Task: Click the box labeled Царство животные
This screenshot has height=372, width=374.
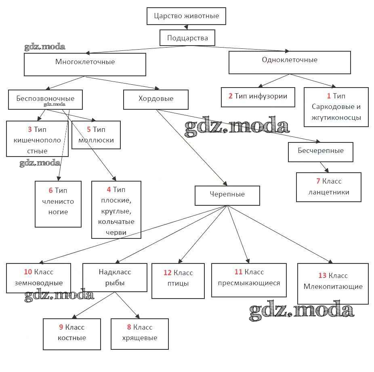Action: (186, 17)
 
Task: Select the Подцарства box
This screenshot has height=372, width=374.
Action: (187, 38)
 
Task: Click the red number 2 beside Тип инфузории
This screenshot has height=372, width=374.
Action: (230, 96)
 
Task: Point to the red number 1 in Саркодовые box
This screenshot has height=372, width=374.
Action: (329, 96)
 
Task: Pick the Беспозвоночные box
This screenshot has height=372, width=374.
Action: (45, 99)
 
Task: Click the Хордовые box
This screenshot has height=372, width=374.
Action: (156, 99)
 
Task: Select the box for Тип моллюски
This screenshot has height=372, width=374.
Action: (96, 135)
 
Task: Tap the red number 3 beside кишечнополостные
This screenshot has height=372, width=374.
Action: (30, 130)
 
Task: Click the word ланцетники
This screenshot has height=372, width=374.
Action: (329, 192)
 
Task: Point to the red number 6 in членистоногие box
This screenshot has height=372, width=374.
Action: (50, 190)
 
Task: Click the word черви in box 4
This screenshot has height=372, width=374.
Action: (117, 232)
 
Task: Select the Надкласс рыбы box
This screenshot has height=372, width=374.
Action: (115, 277)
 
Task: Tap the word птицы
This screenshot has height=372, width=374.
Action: (178, 283)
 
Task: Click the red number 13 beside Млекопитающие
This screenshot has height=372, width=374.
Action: (322, 276)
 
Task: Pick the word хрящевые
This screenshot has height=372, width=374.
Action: (139, 338)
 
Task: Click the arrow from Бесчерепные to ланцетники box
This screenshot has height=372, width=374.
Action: (324, 167)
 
